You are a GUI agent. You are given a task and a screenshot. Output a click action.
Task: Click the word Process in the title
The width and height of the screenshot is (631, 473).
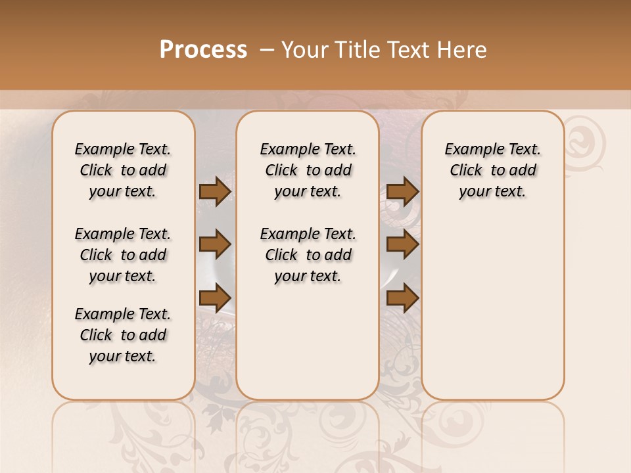(203, 50)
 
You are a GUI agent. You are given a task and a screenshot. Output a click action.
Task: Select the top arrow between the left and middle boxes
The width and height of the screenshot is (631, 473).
(215, 192)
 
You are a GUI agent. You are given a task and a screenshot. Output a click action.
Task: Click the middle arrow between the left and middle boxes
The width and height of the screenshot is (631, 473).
(215, 245)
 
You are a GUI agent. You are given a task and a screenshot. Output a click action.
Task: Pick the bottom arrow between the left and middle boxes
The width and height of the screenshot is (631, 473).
(215, 298)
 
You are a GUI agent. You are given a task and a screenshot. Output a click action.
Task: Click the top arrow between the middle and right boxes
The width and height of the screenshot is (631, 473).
(402, 192)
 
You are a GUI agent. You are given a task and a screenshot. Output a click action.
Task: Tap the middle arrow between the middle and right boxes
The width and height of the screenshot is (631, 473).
(402, 245)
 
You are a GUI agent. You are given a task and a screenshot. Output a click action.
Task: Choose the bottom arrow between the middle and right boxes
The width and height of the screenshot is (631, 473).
(402, 298)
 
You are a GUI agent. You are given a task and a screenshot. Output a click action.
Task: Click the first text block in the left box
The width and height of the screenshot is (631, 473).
(123, 170)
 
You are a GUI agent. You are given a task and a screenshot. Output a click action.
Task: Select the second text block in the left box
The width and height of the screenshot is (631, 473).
(123, 255)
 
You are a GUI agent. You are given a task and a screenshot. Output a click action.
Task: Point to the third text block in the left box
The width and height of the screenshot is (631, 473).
(123, 335)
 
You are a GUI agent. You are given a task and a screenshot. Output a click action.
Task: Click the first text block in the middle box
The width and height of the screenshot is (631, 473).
(308, 170)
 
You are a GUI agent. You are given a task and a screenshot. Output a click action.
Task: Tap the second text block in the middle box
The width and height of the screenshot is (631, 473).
(308, 255)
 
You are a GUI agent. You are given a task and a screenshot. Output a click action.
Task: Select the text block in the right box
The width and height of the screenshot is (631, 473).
(492, 170)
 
